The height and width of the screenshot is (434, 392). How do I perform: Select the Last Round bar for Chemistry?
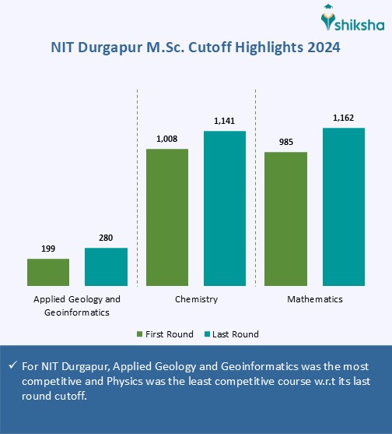point(225,209)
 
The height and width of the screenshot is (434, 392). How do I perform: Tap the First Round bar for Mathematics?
point(286,219)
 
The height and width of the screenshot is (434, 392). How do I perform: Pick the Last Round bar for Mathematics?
point(344,207)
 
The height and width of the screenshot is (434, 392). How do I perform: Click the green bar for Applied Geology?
point(48,273)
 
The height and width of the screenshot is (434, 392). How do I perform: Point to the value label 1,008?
point(167,139)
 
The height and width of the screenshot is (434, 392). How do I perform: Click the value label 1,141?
point(225,122)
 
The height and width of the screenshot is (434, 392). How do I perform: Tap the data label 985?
point(286,143)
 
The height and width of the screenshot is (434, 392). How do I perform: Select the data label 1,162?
point(344,118)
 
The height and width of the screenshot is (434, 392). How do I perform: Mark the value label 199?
point(48,249)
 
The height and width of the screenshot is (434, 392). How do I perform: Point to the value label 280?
point(106,238)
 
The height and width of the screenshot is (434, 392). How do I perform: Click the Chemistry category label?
point(196,299)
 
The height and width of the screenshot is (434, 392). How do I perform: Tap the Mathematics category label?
point(315,299)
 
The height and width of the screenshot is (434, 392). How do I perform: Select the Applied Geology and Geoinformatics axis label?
point(77,305)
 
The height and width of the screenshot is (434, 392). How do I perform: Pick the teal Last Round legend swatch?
point(208,334)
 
